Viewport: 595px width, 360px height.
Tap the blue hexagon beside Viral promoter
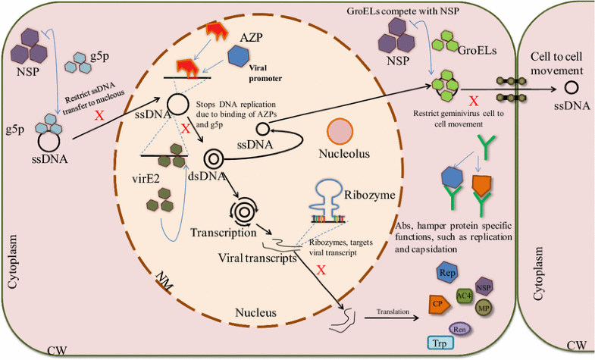click(241, 55)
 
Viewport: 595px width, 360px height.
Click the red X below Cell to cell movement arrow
click(473, 102)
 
